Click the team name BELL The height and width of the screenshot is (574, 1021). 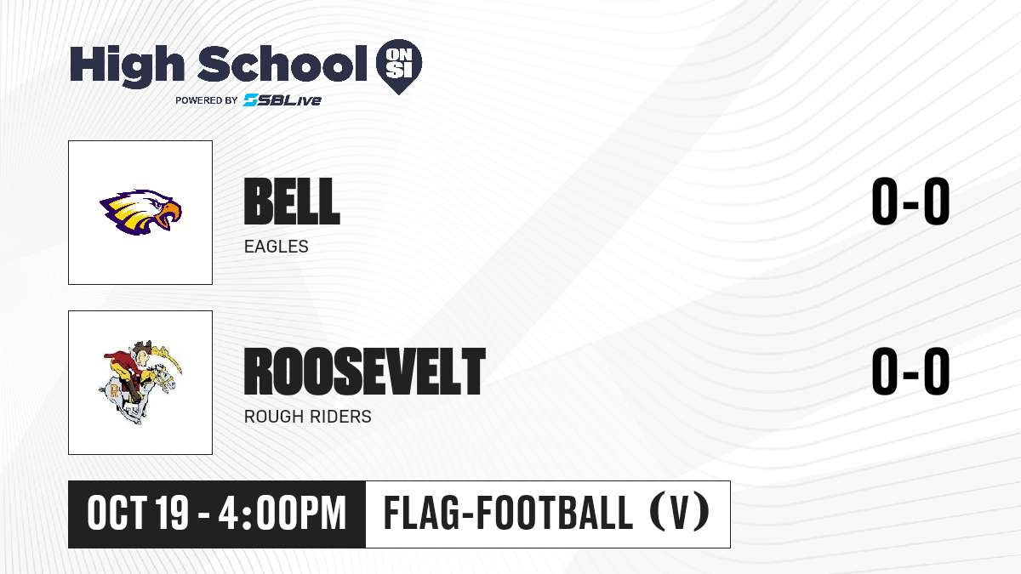292,202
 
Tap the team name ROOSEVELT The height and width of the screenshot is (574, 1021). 365,372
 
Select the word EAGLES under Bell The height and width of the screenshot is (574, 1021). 277,247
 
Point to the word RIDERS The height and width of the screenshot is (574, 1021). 340,417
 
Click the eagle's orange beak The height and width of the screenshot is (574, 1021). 169,214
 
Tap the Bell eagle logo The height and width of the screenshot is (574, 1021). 140,213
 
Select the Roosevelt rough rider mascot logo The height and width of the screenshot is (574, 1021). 140,382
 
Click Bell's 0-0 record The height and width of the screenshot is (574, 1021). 910,202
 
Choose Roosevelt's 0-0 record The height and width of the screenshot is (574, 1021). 910,372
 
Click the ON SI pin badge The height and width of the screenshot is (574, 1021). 399,66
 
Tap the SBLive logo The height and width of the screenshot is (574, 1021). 282,100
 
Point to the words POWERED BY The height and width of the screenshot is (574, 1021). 207,100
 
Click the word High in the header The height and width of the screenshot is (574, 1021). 128,65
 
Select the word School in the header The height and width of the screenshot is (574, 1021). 282,63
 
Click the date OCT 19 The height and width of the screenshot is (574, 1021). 138,514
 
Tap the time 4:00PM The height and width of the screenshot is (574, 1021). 282,514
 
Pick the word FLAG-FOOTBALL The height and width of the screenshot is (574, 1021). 508,514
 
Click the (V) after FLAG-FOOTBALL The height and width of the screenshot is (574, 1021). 680,514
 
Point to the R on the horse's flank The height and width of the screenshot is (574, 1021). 114,391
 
